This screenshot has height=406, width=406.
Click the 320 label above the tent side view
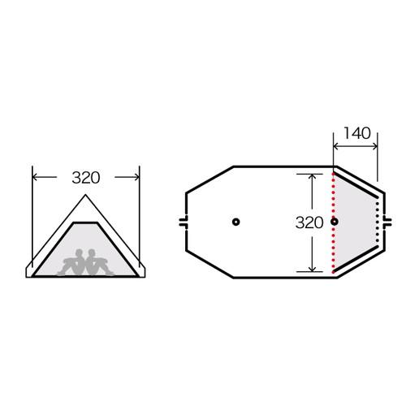click(86, 178)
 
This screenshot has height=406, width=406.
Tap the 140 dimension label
click(357, 133)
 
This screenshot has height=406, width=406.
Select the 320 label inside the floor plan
click(309, 222)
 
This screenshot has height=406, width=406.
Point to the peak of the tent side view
click(85, 195)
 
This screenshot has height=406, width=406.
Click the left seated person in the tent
click(74, 262)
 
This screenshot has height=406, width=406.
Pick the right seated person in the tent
click(97, 262)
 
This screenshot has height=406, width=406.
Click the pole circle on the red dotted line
click(335, 222)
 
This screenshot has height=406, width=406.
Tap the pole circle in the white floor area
click(236, 222)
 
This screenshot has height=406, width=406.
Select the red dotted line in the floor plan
click(334, 222)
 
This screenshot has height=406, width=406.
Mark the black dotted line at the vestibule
click(378, 222)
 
